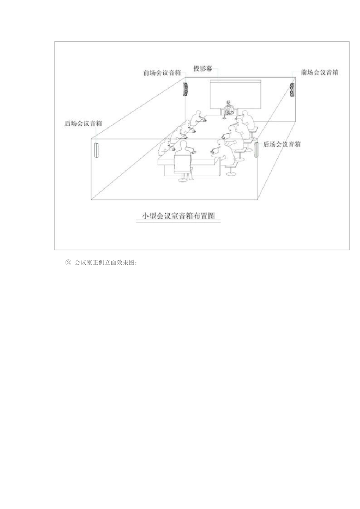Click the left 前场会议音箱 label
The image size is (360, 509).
click(162, 73)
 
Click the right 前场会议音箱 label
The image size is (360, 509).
click(319, 72)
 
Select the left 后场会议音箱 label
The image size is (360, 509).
click(83, 123)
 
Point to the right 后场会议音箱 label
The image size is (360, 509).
click(282, 144)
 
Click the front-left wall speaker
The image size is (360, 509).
click(186, 90)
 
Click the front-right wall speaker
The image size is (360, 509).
click(292, 90)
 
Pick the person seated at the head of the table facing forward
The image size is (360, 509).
click(228, 108)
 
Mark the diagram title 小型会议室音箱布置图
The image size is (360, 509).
click(178, 216)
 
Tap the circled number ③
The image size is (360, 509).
click(68, 262)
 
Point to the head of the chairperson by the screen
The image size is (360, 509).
click(228, 102)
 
